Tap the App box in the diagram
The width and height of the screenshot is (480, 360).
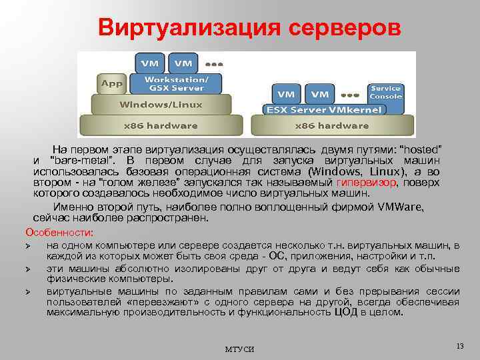[111, 83]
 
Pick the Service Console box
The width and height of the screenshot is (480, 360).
[386, 92]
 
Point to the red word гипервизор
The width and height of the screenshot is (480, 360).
[367, 183]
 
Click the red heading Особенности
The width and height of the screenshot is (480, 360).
[59, 232]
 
